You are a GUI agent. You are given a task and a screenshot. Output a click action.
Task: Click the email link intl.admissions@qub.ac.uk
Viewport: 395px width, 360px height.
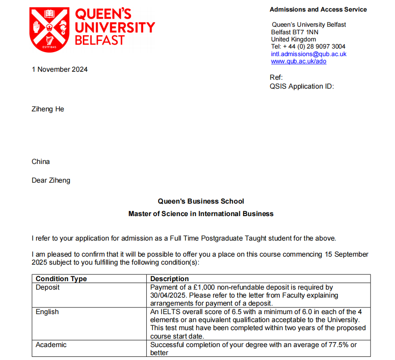click(x=309, y=54)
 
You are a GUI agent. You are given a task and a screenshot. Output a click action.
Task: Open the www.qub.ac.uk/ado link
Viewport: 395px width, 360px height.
click(x=298, y=61)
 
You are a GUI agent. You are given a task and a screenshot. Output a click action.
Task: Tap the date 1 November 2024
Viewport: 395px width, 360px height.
click(x=60, y=69)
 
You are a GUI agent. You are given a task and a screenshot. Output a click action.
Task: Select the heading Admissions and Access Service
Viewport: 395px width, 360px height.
click(x=318, y=9)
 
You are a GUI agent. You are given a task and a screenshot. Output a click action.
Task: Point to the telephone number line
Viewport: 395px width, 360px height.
click(x=308, y=46)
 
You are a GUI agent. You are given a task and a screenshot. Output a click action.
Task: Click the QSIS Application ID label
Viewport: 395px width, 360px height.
click(x=301, y=86)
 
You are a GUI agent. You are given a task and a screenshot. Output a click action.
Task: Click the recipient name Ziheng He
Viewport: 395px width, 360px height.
click(x=48, y=109)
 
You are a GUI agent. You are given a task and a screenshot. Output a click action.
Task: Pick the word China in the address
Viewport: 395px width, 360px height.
click(x=41, y=162)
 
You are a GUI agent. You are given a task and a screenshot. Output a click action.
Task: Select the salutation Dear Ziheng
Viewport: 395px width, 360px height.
click(x=51, y=180)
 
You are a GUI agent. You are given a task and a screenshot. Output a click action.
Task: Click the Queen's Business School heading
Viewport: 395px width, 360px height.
click(x=201, y=201)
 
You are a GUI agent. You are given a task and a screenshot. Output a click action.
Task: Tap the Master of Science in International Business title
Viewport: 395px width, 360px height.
click(x=201, y=214)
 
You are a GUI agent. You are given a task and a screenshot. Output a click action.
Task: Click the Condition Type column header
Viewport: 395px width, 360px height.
click(x=61, y=279)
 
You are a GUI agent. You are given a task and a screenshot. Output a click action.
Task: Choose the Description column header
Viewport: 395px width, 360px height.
click(x=169, y=279)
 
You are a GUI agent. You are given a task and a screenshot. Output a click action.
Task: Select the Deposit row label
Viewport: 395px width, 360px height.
click(x=48, y=287)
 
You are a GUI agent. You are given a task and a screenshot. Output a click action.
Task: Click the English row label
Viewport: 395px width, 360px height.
click(x=47, y=312)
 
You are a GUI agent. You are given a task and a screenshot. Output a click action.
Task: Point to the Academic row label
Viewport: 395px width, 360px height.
click(x=51, y=344)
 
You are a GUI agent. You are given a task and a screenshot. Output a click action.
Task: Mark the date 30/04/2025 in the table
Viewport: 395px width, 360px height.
click(x=167, y=295)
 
